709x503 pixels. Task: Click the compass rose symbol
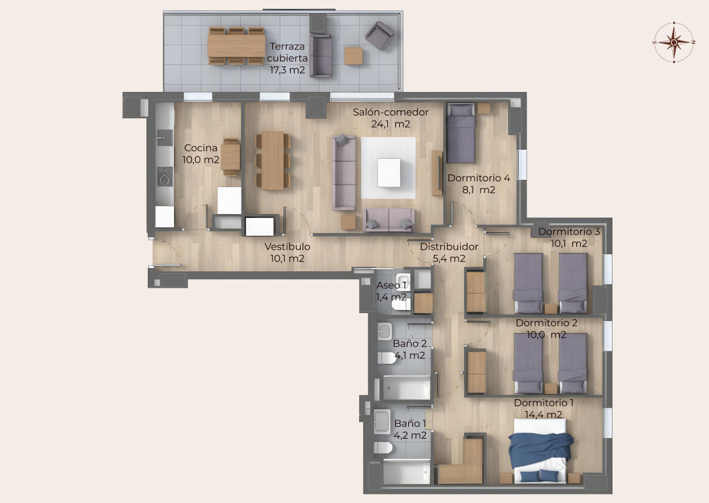(674, 42)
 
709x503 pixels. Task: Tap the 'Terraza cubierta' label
(287, 52)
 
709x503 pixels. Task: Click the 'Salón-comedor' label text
(391, 112)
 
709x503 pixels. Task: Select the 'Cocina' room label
(201, 148)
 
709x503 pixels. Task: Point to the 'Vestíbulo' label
(287, 246)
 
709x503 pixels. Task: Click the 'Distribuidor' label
(449, 246)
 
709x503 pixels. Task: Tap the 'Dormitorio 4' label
(479, 178)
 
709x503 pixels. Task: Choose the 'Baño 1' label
(410, 424)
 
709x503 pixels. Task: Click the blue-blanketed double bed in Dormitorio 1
(540, 450)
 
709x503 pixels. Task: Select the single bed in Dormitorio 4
(461, 133)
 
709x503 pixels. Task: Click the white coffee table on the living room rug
(389, 172)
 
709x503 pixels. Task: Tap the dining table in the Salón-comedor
(272, 161)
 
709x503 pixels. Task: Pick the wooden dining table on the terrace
(236, 46)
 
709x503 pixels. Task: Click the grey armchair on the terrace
(379, 35)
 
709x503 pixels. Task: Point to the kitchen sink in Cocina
(165, 137)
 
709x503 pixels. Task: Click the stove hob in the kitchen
(165, 176)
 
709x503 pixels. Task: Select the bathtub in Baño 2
(407, 387)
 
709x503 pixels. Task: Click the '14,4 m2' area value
(544, 414)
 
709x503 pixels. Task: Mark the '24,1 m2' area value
(391, 124)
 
